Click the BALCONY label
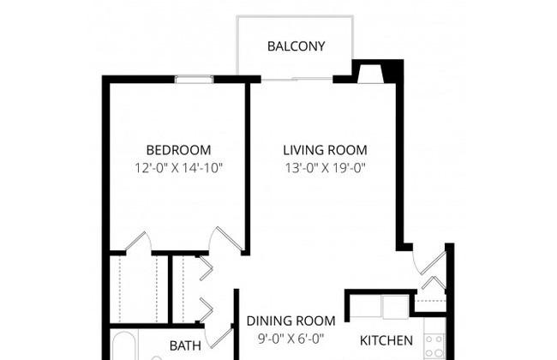[296, 46]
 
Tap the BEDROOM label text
[178, 150]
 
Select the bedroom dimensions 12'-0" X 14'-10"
[178, 168]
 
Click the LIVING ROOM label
[325, 150]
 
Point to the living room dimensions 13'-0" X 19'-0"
[325, 168]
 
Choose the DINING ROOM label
[291, 321]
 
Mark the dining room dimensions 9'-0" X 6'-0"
[291, 339]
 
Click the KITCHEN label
[386, 340]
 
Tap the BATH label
[185, 345]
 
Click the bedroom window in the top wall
[194, 79]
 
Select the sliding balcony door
[296, 79]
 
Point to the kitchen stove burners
[434, 345]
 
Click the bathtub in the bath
[123, 346]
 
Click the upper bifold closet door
[206, 268]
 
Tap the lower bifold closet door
[206, 310]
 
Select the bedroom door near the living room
[226, 240]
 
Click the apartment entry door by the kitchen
[431, 262]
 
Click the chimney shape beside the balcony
[370, 75]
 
